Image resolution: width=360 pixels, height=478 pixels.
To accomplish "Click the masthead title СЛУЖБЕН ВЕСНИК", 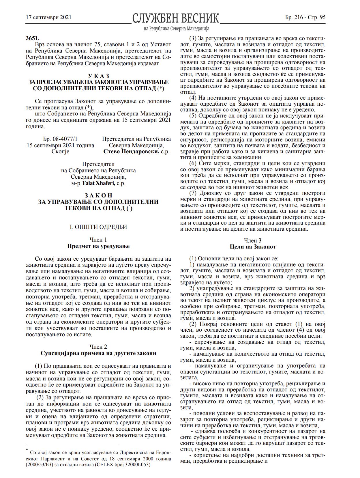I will [x=175, y=18].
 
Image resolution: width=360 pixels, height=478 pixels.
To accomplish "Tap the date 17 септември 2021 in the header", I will [x=48, y=17].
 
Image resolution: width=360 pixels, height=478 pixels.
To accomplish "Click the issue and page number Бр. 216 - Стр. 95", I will [x=305, y=17].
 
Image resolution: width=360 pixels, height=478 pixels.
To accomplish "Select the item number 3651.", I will [x=33, y=38].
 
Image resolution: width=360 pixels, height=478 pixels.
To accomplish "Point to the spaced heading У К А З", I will [x=99, y=76].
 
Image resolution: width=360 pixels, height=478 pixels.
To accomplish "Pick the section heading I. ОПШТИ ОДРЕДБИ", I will [x=98, y=227].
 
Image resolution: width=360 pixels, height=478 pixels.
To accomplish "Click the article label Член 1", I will [x=98, y=240].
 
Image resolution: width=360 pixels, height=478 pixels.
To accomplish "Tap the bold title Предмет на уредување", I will [x=98, y=246].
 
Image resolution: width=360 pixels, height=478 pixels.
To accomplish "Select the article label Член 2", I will [x=98, y=347].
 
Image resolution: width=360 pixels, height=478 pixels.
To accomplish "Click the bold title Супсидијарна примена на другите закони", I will [x=98, y=353].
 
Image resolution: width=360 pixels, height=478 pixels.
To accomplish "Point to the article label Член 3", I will [x=253, y=240].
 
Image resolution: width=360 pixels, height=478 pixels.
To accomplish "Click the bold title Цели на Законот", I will [x=253, y=247].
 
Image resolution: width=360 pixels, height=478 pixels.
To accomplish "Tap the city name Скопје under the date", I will [x=60, y=152].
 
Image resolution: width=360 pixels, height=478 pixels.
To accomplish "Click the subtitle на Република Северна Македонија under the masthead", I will [x=176, y=29].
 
